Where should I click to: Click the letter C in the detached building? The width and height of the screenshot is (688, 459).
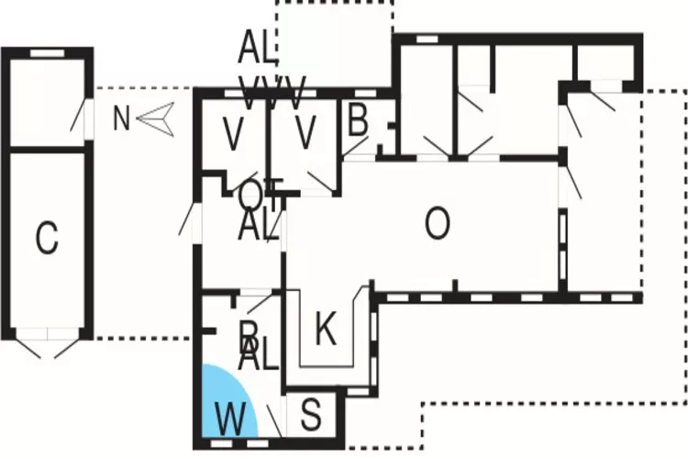[x=47, y=238]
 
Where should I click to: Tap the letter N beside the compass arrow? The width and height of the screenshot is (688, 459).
[x=121, y=119]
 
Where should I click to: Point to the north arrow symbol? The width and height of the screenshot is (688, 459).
[x=158, y=119]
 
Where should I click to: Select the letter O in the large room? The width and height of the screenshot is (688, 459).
[x=438, y=224]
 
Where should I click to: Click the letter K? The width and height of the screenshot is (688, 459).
[x=325, y=330]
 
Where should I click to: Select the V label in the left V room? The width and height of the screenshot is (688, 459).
[x=234, y=134]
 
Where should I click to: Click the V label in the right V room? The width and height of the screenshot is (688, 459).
[x=305, y=134]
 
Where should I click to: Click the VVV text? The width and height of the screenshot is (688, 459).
[x=272, y=93]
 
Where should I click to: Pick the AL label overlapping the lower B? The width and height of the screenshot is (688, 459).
[x=259, y=355]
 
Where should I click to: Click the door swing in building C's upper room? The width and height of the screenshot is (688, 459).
[x=81, y=118]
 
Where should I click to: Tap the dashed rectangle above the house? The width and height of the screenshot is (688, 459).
[x=334, y=41]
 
